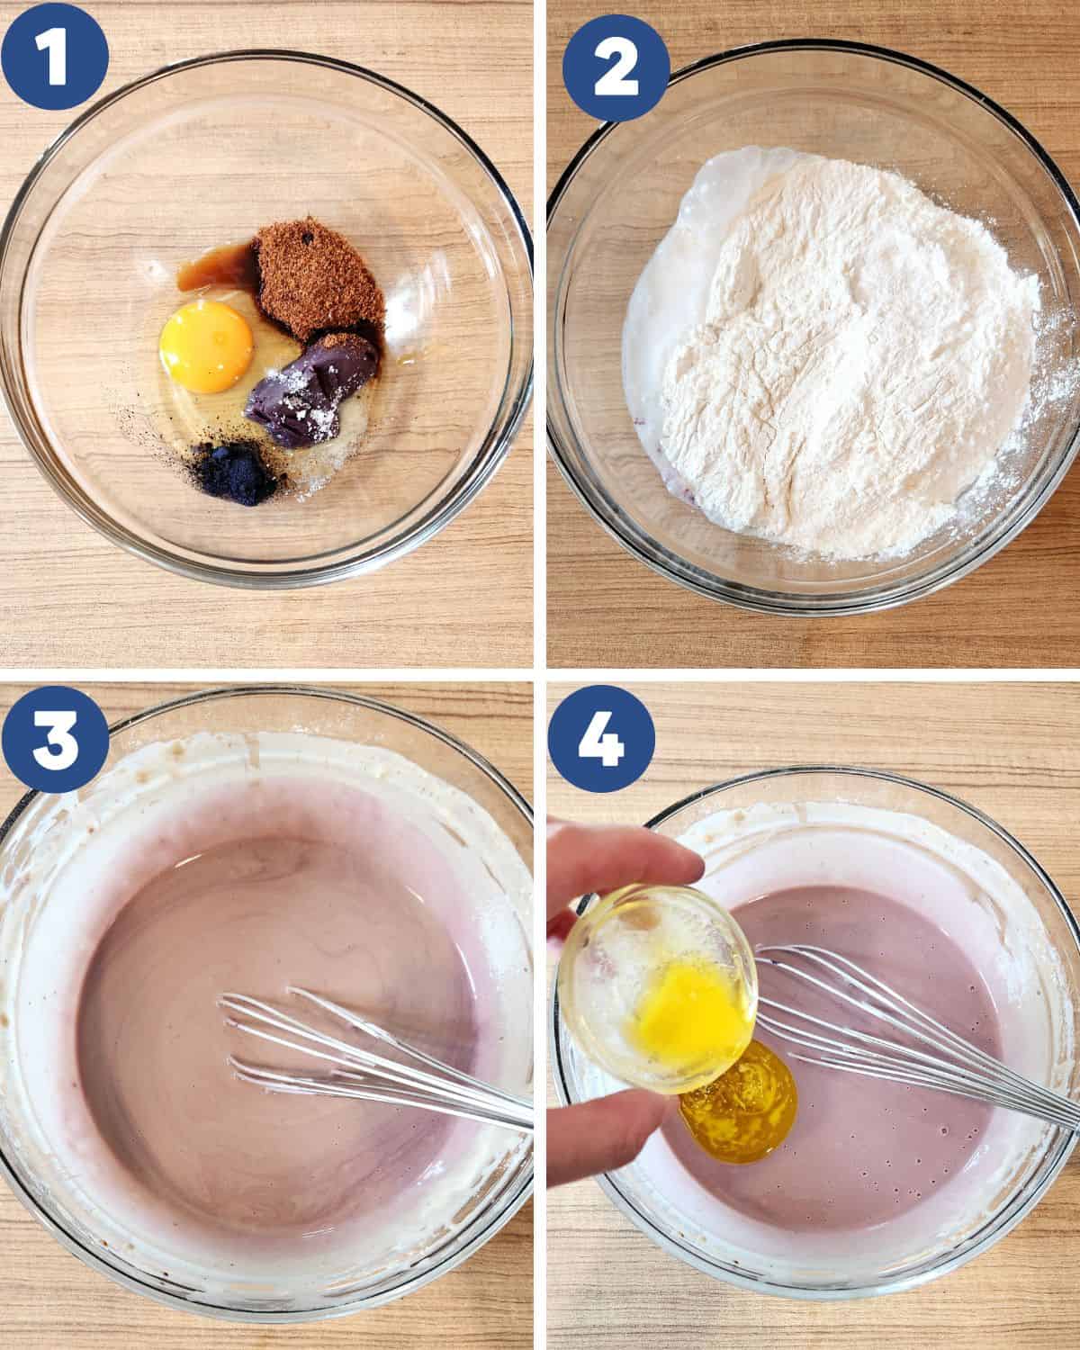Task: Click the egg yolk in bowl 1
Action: point(206,346)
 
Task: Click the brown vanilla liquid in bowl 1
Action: point(213,266)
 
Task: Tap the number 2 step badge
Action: point(616,67)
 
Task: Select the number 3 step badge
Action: point(55,738)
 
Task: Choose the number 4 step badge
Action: point(601,738)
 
